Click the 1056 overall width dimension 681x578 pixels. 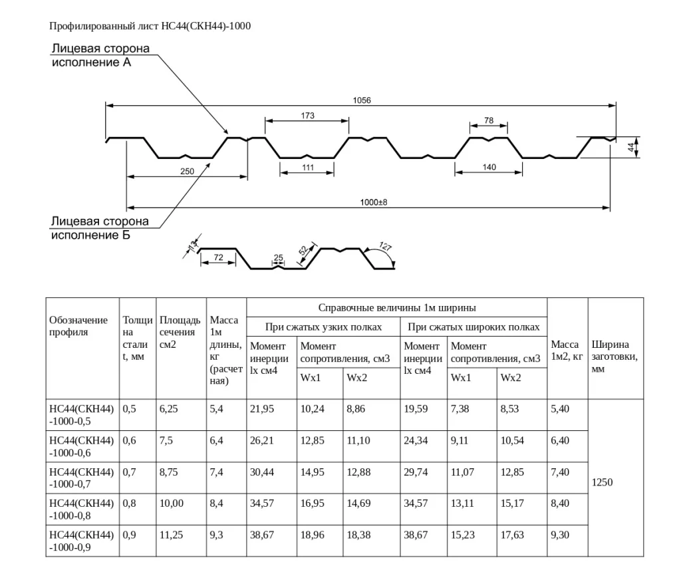pos(362,100)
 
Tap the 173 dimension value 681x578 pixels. pos(307,116)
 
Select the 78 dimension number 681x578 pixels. pos(489,120)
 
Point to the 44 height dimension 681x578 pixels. pos(631,148)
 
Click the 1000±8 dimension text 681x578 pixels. pos(373,202)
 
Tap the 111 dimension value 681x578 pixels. pos(307,168)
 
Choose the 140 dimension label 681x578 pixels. pos(489,167)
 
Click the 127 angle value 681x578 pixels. pos(385,247)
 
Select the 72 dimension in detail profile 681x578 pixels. pos(217,257)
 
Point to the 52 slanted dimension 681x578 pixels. pos(303,251)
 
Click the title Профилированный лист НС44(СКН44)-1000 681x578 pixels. pos(150,26)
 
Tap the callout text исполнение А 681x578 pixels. pos(92,63)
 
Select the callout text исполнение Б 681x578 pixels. pos(91,235)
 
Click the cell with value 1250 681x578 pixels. pos(603,482)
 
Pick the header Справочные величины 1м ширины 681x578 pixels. pos(396,308)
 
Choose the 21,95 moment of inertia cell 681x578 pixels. pos(262,409)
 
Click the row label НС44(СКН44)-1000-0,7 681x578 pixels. pos(82,478)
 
